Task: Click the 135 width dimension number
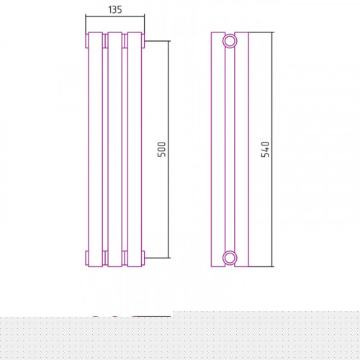point(115,9)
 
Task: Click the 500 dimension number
point(162,149)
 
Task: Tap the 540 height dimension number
point(265,149)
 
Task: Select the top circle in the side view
point(230,41)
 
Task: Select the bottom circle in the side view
point(230,258)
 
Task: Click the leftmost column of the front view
point(96,149)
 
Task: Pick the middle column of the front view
point(115,149)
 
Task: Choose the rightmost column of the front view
point(135,149)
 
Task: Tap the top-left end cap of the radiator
point(87,41)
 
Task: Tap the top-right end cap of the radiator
point(143,41)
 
